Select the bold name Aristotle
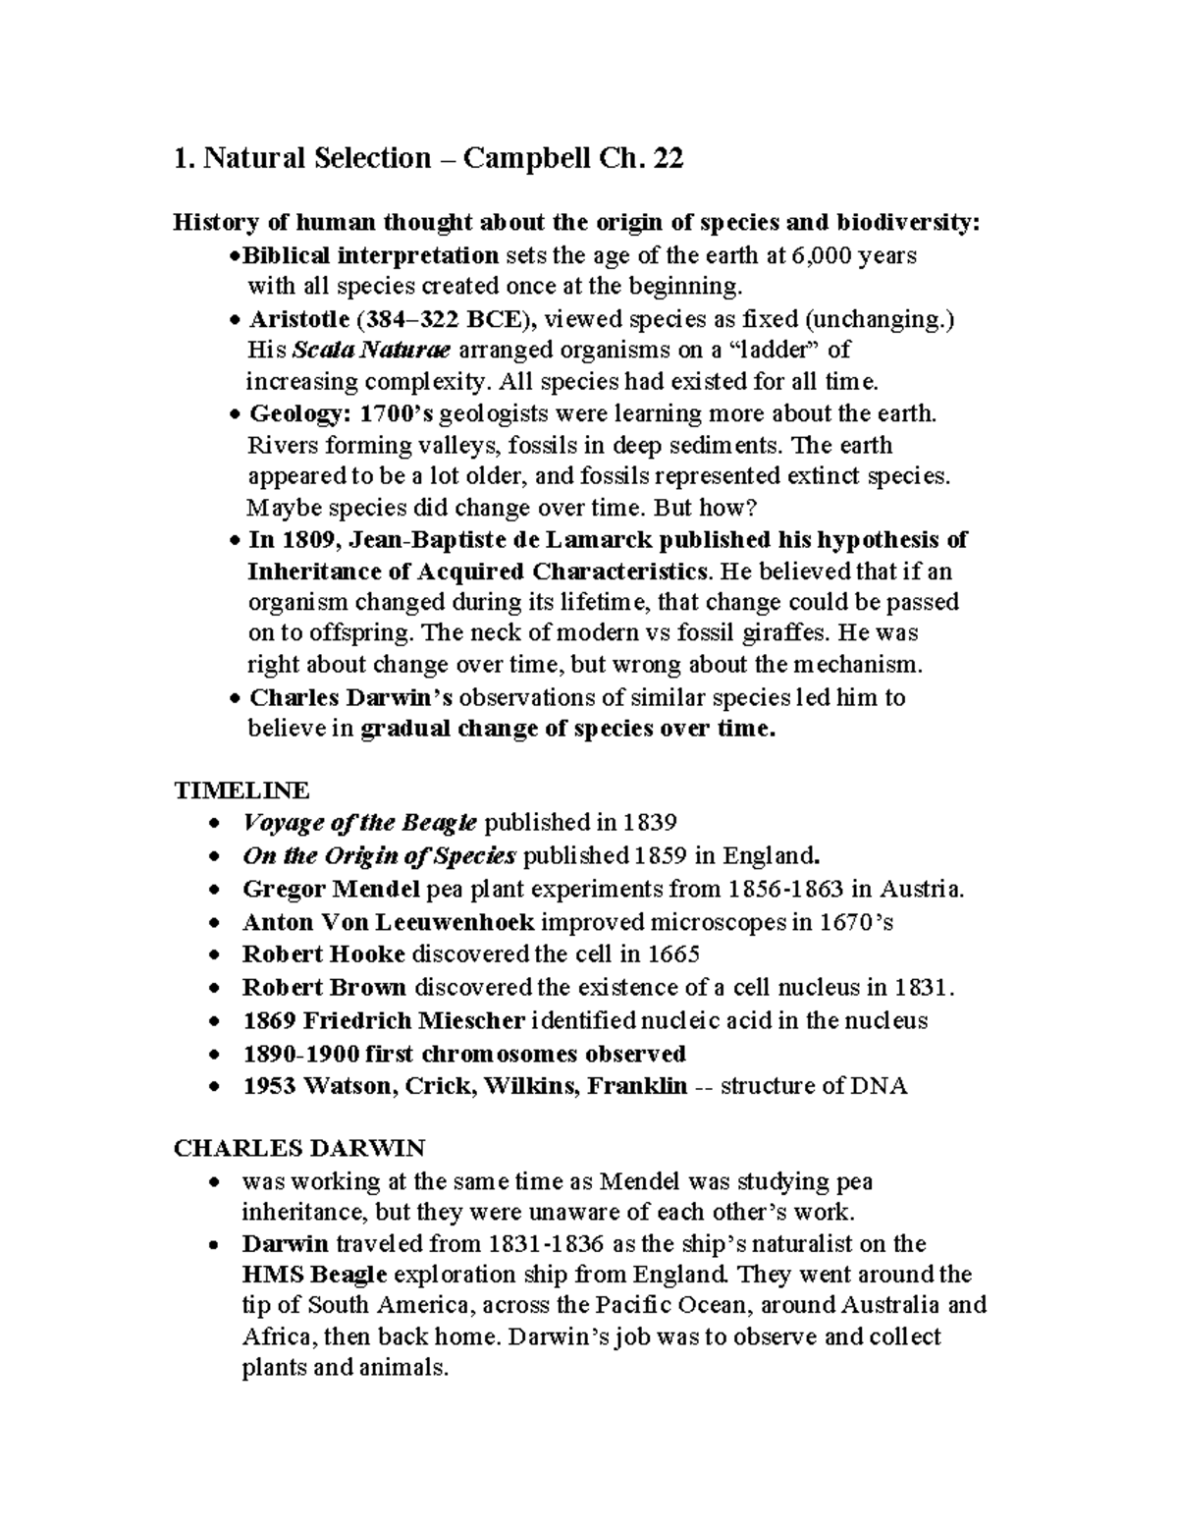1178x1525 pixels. coord(298,319)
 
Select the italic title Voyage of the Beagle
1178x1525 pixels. coord(359,822)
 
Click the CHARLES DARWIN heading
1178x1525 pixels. coord(298,1148)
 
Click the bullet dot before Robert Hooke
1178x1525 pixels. coord(216,954)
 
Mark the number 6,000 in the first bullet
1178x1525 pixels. coord(823,256)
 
